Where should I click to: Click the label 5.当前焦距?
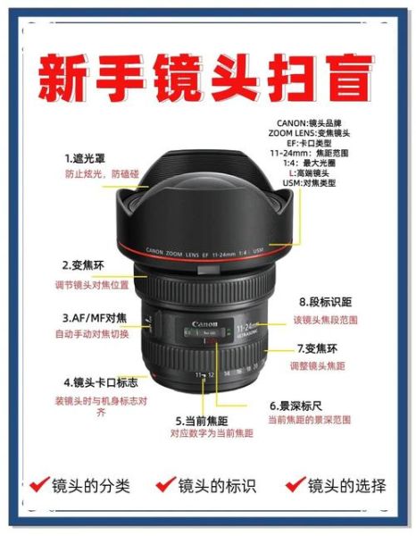(204, 419)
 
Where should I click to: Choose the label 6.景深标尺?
(300, 405)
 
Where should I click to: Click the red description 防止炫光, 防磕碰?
(95, 175)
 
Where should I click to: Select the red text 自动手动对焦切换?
(92, 334)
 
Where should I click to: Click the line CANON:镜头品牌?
(334, 121)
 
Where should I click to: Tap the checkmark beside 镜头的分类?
(39, 485)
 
